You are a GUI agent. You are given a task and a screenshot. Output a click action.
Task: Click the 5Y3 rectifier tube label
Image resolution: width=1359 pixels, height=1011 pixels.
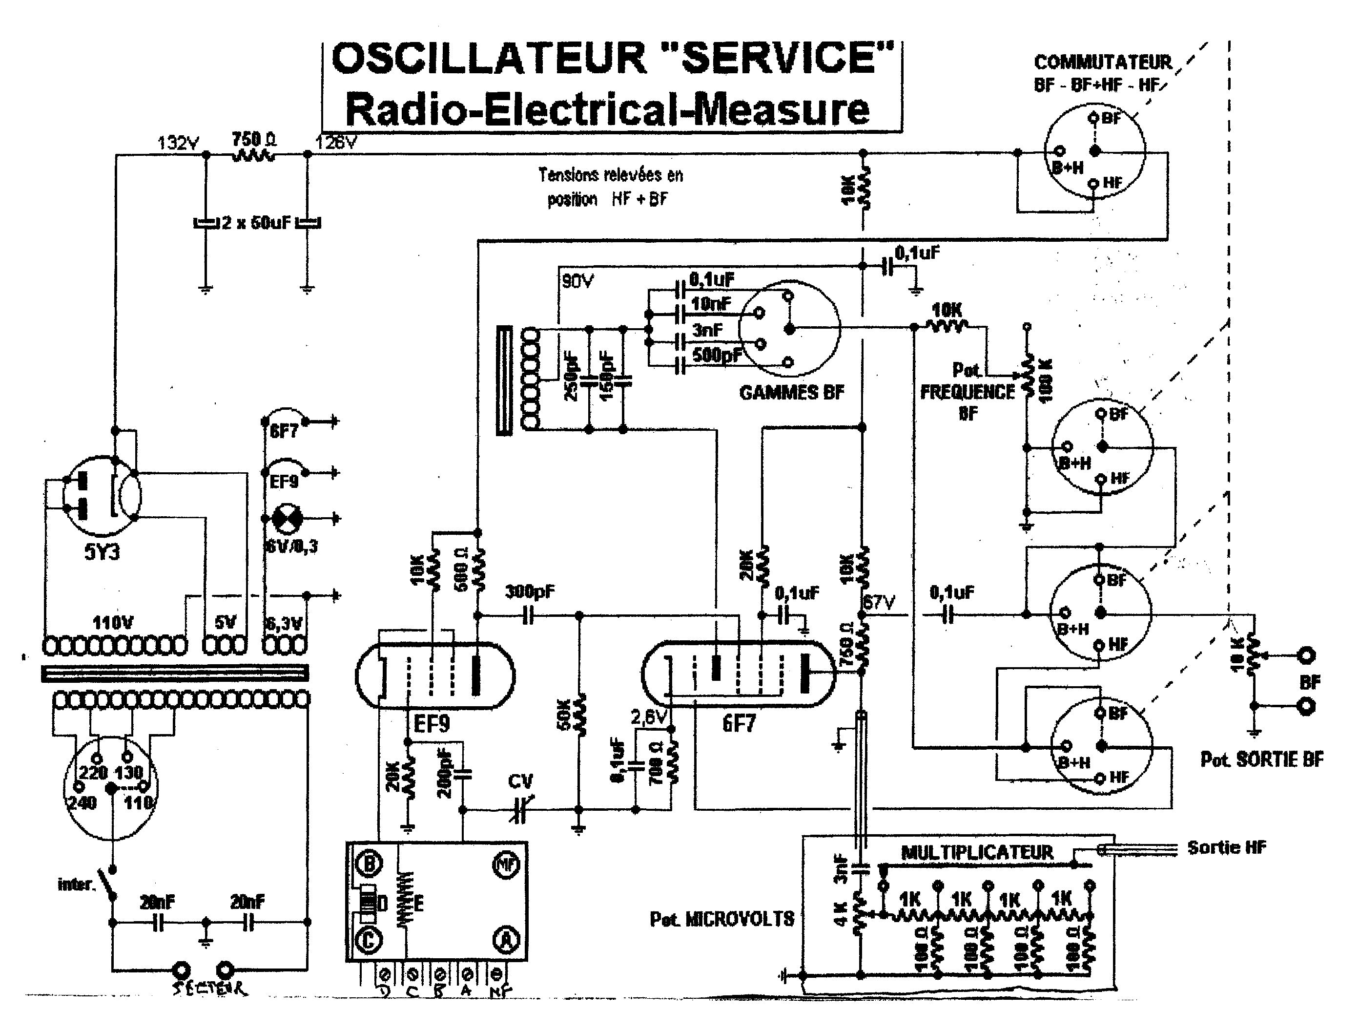tap(102, 552)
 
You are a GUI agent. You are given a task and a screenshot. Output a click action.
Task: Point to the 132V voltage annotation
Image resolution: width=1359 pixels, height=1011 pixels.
tap(179, 143)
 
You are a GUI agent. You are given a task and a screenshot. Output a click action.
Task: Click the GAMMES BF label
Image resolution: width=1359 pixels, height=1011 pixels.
tap(791, 392)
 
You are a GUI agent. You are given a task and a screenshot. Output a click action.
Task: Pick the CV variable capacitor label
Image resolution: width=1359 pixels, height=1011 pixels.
tap(520, 781)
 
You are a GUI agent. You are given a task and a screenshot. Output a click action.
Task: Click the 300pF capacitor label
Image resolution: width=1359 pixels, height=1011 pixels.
tap(530, 592)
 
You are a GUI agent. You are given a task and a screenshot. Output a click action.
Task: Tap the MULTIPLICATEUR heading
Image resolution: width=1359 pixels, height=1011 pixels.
tap(977, 852)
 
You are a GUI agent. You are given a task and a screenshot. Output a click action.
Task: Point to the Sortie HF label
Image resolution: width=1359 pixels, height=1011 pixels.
tap(1226, 847)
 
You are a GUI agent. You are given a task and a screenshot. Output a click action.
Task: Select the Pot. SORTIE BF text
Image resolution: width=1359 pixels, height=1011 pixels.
tap(1262, 759)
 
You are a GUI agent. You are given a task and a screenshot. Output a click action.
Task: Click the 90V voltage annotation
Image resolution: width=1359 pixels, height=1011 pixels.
tap(578, 282)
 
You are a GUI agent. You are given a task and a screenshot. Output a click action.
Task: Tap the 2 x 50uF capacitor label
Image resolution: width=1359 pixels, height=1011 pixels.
tap(256, 223)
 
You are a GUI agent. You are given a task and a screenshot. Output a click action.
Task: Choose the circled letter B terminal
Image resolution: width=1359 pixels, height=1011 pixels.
tap(369, 864)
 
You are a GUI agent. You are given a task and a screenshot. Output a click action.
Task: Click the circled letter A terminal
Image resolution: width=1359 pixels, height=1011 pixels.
tap(506, 941)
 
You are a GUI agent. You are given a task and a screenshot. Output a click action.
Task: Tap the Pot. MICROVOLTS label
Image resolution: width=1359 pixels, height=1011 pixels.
tap(721, 919)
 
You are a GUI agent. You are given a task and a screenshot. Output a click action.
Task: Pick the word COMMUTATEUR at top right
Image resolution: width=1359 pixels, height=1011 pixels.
tap(1103, 63)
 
